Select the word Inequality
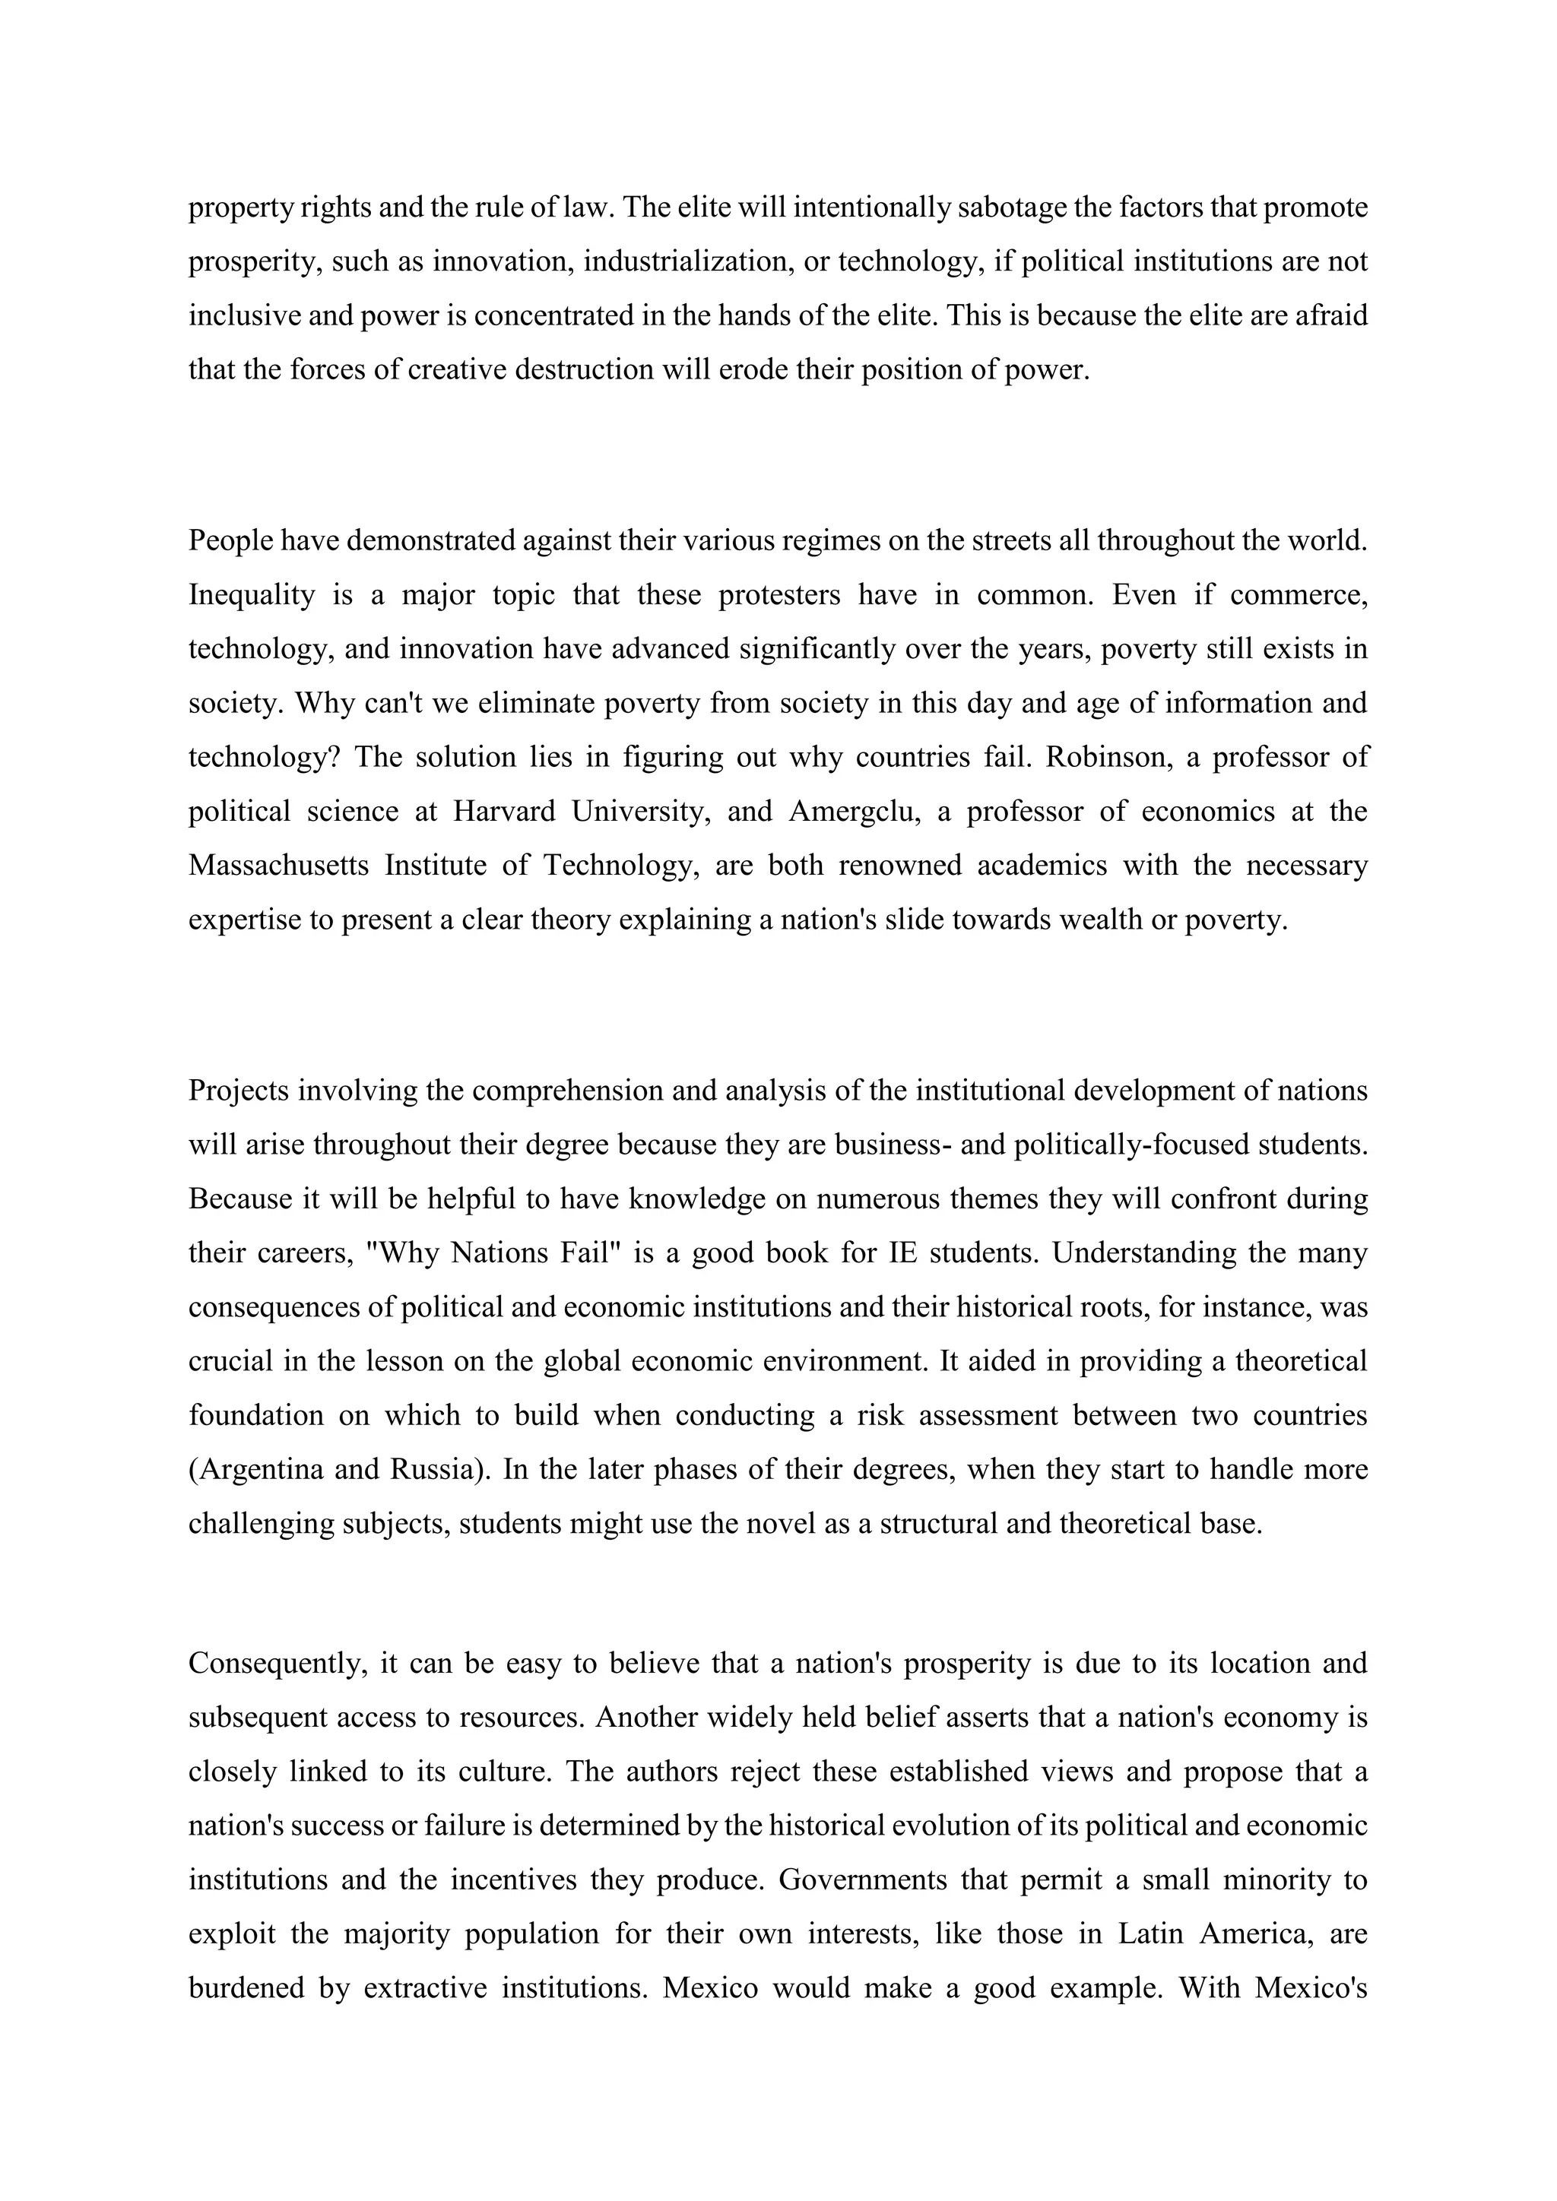[x=251, y=595]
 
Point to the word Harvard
[x=503, y=811]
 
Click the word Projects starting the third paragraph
[x=239, y=1091]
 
